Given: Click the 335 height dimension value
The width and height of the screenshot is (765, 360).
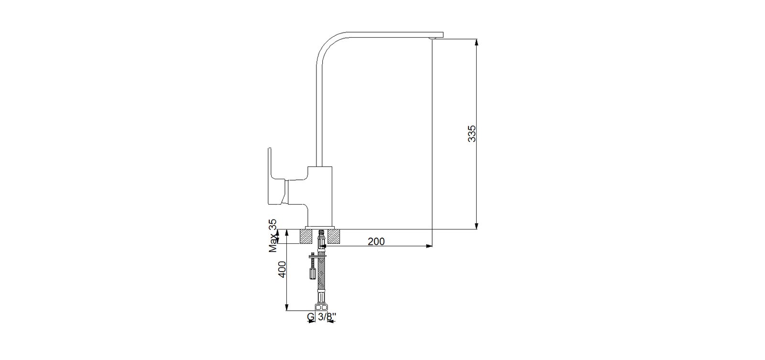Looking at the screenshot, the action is [x=471, y=134].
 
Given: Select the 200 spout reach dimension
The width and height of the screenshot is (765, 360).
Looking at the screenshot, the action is [x=376, y=241].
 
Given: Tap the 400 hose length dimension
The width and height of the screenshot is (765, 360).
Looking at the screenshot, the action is [x=282, y=269].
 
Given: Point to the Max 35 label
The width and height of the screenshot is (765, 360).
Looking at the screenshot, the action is [x=273, y=236].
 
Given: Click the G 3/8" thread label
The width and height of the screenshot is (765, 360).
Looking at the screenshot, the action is [x=321, y=317].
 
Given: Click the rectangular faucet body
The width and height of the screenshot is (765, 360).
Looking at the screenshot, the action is [x=320, y=196].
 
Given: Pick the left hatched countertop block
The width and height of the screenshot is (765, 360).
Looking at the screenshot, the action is [x=306, y=236].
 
